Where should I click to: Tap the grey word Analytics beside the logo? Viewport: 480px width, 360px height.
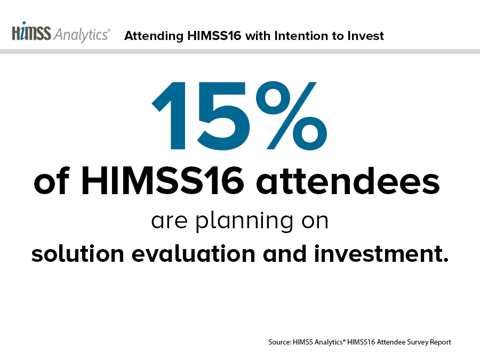point(82,35)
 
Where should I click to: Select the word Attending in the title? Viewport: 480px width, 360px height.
point(154,36)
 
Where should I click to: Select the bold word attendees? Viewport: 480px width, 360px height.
point(348,181)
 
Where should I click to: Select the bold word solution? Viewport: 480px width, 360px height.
point(78,254)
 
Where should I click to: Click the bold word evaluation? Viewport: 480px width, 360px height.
point(194,254)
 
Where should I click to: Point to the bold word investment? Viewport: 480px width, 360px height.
point(381,254)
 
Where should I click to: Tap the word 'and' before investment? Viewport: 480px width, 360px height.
point(284,254)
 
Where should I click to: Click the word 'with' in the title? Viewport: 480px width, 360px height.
point(258,36)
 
